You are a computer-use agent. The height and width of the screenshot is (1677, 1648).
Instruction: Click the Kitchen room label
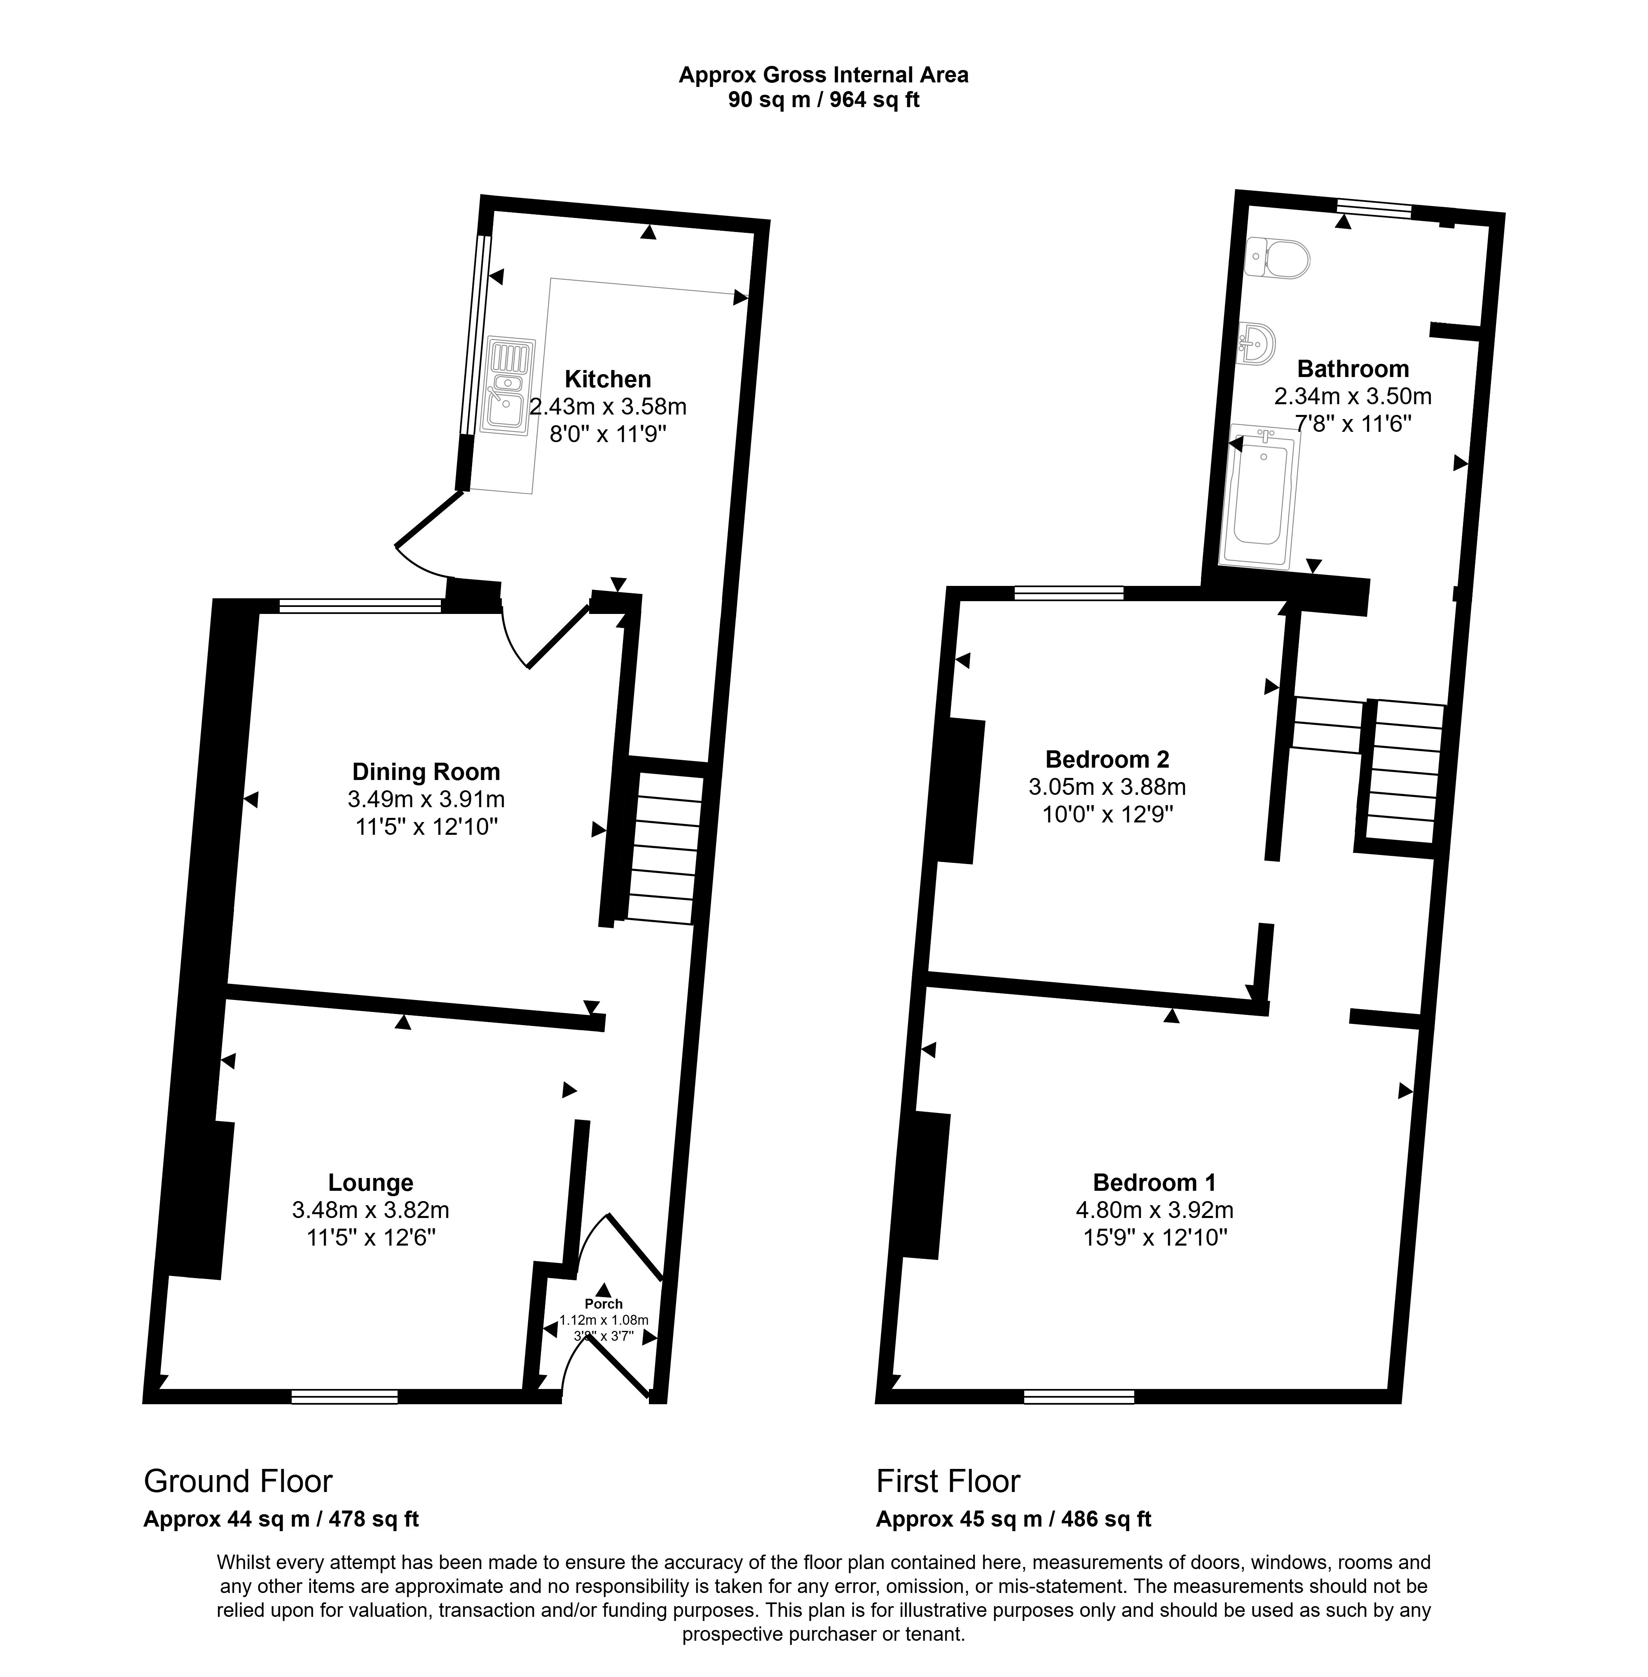click(608, 379)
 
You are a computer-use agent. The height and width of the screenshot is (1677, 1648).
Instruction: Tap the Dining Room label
click(426, 771)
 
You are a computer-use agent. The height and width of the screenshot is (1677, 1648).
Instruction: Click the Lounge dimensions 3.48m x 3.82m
click(370, 1209)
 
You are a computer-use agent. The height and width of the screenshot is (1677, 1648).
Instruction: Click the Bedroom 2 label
click(1107, 759)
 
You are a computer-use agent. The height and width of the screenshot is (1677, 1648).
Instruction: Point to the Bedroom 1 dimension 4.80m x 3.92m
click(1155, 1209)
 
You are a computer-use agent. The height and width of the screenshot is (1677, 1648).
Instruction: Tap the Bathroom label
click(1353, 369)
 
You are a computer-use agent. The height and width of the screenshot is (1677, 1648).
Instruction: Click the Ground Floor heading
click(238, 1481)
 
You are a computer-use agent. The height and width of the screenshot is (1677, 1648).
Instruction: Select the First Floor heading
click(948, 1481)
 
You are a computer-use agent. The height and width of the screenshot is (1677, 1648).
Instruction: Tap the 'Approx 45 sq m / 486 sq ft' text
click(1014, 1518)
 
